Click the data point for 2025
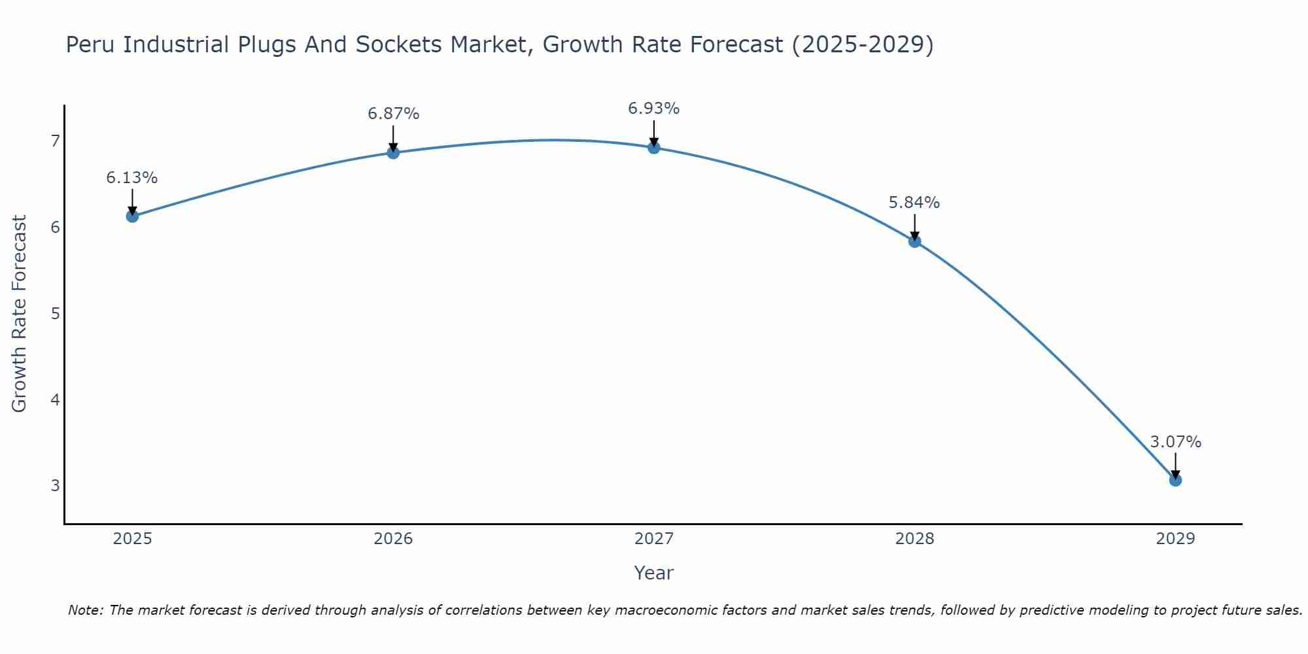click(132, 216)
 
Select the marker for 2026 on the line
click(393, 152)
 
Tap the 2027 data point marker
click(653, 147)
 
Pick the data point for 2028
click(914, 241)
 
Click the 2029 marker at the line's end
click(1175, 480)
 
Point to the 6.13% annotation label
click(132, 178)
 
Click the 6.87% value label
click(393, 114)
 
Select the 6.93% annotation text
click(653, 109)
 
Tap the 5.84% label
click(914, 203)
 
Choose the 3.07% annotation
click(1175, 442)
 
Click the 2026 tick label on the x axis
click(393, 539)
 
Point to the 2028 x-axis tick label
click(914, 539)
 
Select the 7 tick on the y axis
click(55, 141)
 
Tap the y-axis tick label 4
click(55, 400)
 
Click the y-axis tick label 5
click(55, 313)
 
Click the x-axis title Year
click(653, 573)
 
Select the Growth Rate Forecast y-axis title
click(20, 314)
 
